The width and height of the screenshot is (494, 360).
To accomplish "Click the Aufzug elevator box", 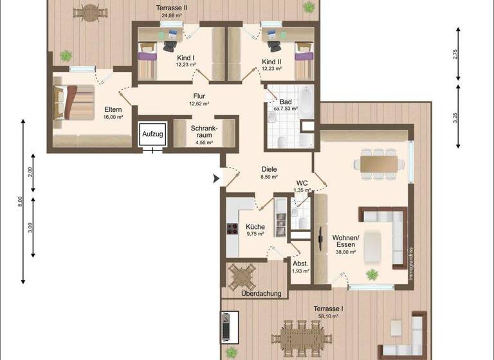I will pyautogui.click(x=153, y=134).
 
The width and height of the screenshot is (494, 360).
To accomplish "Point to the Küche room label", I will pyautogui.click(x=255, y=226).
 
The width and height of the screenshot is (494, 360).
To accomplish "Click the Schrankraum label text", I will pyautogui.click(x=204, y=131).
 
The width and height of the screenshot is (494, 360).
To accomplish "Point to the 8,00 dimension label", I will pyautogui.click(x=21, y=201).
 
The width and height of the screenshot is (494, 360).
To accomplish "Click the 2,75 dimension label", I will pyautogui.click(x=455, y=55).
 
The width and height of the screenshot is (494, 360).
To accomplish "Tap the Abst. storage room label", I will pyautogui.click(x=300, y=264).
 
